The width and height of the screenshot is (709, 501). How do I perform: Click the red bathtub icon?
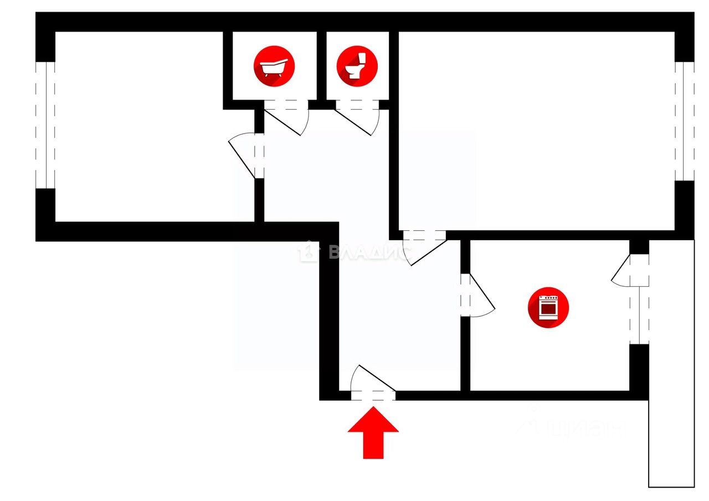pyautogui.click(x=274, y=66)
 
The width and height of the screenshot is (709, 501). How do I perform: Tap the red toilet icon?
pyautogui.click(x=357, y=66)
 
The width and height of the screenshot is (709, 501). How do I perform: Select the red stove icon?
pyautogui.click(x=548, y=307)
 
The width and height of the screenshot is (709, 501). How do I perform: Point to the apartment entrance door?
pyautogui.click(x=373, y=382)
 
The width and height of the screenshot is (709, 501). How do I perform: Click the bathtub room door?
pyautogui.click(x=286, y=117)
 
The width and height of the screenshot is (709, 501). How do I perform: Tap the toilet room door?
pyautogui.click(x=357, y=117)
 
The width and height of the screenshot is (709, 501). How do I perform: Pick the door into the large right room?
pyautogui.click(x=425, y=247)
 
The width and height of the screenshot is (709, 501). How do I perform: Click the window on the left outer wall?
pyautogui.click(x=45, y=125)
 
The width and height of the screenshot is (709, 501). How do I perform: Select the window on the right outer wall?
pyautogui.click(x=685, y=121)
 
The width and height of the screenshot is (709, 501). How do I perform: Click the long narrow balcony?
pyautogui.click(x=671, y=388)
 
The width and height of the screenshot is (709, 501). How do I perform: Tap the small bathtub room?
pyautogui.click(x=274, y=83)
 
